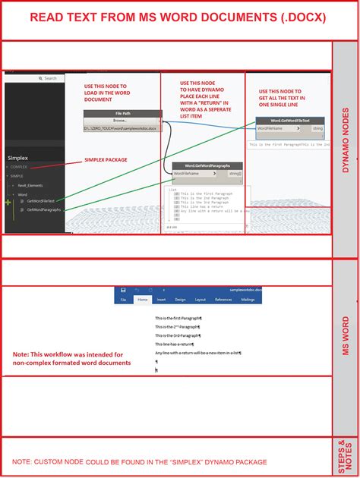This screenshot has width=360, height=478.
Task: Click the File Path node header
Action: (122, 114)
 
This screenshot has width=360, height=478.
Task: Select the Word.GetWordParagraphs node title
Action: (207, 165)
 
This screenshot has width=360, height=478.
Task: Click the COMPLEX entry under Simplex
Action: (19, 166)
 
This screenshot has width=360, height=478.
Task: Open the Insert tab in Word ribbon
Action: (160, 300)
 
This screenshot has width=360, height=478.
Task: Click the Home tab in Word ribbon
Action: (142, 300)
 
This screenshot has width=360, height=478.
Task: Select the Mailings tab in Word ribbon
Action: (248, 300)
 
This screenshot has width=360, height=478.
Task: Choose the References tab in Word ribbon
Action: (223, 300)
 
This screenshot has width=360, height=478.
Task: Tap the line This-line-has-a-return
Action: (174, 344)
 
